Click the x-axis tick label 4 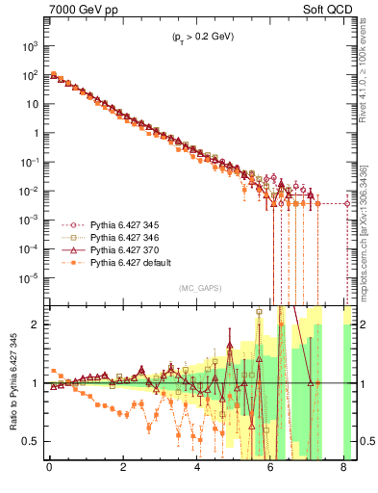click(197, 471)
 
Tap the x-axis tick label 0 click(49, 471)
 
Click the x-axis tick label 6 click(271, 471)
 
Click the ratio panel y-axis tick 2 click(36, 324)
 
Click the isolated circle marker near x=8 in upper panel click(347, 203)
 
